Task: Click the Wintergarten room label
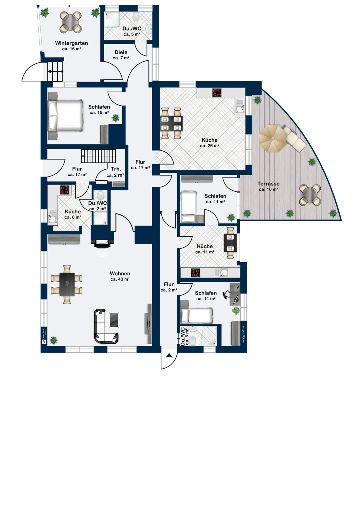coord(71,43)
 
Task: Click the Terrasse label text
coord(268,184)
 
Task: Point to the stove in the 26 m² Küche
coord(217,93)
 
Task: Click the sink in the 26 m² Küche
coord(240,109)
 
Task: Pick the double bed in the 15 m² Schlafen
coord(66,115)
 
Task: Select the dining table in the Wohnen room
coord(67,284)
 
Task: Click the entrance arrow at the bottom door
coord(169,356)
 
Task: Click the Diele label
coord(121,52)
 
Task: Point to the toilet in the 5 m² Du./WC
coord(137,17)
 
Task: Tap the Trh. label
coord(116,169)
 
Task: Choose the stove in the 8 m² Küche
coord(65,190)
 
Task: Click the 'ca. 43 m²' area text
coord(120,279)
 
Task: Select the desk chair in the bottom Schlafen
coord(226,295)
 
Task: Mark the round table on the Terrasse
coord(310,195)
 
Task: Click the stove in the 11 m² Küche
coord(195,272)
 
